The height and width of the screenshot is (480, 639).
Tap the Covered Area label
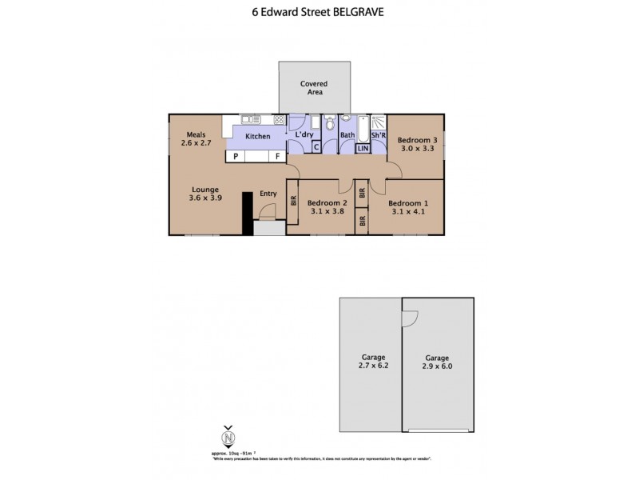(x=313, y=88)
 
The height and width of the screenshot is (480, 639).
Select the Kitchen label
(x=257, y=137)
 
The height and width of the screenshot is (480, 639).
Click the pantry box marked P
(x=236, y=157)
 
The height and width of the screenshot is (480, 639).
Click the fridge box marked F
(x=277, y=157)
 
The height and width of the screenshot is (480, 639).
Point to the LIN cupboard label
(x=363, y=148)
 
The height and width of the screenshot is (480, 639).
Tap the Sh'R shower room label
(x=379, y=135)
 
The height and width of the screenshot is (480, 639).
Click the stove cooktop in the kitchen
(x=280, y=120)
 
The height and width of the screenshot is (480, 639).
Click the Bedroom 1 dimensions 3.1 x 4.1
(x=408, y=213)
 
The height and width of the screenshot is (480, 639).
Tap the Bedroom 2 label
(x=325, y=202)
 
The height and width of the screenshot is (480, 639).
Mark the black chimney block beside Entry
(x=247, y=211)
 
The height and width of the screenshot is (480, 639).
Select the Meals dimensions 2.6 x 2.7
(x=196, y=143)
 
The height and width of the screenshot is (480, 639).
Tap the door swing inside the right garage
(x=409, y=317)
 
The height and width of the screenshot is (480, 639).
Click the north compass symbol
(x=228, y=438)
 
